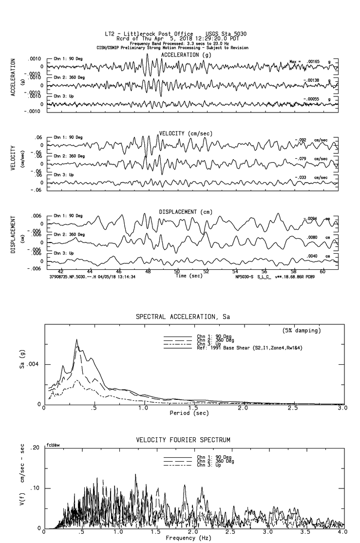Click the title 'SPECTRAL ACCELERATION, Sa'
[x=183, y=317]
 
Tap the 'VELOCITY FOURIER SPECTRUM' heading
[x=183, y=440]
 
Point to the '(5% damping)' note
[x=302, y=331]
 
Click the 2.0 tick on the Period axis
[x=243, y=408]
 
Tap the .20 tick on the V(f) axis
[x=34, y=448]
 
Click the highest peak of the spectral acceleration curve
[x=76, y=339]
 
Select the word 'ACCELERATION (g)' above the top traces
[x=187, y=55]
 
